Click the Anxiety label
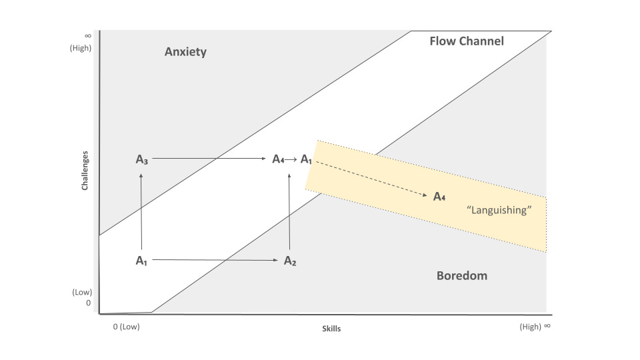pos(185,52)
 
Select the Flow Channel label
pos(466,41)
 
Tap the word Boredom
pos(461,275)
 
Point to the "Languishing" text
pos(499,210)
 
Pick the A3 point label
pos(141,159)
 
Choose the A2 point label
pos(290,261)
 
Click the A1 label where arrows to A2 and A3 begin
pos(141,261)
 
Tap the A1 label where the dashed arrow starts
pos(306,159)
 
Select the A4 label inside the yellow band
pos(439,196)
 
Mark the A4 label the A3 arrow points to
pos(279,159)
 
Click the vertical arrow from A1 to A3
pos(141,210)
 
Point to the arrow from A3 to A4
pos(210,159)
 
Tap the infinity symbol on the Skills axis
pos(547,327)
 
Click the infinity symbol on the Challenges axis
pos(87,35)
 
